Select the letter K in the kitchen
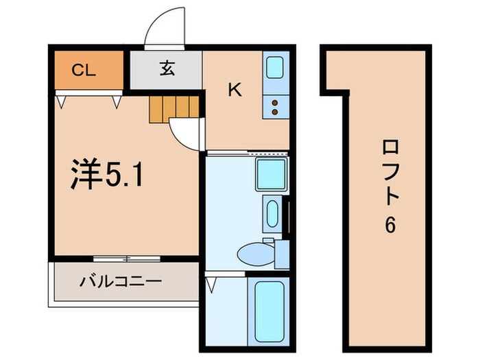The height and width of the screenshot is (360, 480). (x=235, y=90)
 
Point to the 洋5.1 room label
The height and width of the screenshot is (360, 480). (x=107, y=176)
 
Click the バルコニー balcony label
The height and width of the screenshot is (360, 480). (x=121, y=281)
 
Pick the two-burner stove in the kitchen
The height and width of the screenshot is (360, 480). (x=274, y=107)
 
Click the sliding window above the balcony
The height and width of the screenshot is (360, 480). (x=127, y=259)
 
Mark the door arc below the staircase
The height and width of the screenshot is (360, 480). (x=185, y=134)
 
